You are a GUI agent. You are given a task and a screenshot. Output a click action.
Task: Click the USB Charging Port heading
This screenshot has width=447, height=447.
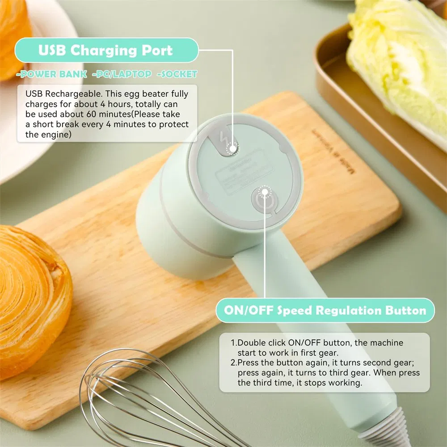[105, 50]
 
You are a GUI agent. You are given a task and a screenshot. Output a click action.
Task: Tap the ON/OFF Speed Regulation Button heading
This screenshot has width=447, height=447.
[325, 310]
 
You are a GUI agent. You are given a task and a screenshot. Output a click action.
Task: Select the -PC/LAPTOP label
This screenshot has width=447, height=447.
[122, 74]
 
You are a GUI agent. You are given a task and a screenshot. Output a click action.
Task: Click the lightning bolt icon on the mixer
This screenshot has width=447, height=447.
[225, 140]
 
